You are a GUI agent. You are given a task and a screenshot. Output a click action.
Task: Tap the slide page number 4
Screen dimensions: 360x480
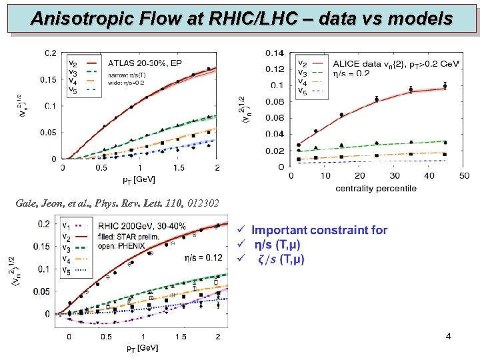click(448, 337)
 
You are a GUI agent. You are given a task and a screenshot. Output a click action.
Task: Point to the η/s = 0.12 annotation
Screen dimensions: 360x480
click(203, 257)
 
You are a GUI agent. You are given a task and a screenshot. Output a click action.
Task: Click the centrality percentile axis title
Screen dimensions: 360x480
click(376, 189)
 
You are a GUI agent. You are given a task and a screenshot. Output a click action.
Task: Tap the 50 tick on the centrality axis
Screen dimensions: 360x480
click(463, 177)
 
